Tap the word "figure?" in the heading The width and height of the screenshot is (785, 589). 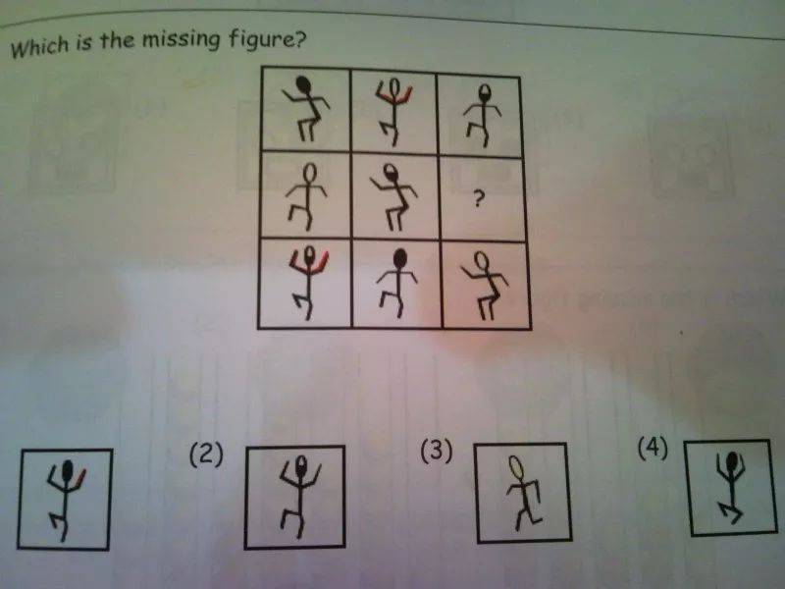pyautogui.click(x=266, y=39)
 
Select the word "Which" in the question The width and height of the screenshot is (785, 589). pyautogui.click(x=40, y=46)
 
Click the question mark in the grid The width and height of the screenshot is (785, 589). pyautogui.click(x=479, y=199)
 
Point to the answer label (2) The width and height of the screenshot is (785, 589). pyautogui.click(x=206, y=455)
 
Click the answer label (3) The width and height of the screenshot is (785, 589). pyautogui.click(x=436, y=450)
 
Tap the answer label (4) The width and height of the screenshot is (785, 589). pyautogui.click(x=653, y=448)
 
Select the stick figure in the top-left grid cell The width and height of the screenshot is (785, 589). pyautogui.click(x=306, y=108)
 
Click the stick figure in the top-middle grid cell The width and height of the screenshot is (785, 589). pyautogui.click(x=393, y=111)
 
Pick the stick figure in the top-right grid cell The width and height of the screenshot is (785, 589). pyautogui.click(x=483, y=115)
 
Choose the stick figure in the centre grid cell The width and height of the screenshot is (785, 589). pyautogui.click(x=393, y=197)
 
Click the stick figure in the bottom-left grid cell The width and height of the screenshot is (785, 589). pyautogui.click(x=308, y=282)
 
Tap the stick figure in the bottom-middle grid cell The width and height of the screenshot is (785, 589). pyautogui.click(x=398, y=283)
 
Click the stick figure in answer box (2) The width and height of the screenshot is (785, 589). pyautogui.click(x=299, y=497)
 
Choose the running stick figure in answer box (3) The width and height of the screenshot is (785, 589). pyautogui.click(x=523, y=493)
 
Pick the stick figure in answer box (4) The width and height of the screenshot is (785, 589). pyautogui.click(x=731, y=487)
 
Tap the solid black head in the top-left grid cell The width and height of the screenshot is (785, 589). pyautogui.click(x=304, y=85)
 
